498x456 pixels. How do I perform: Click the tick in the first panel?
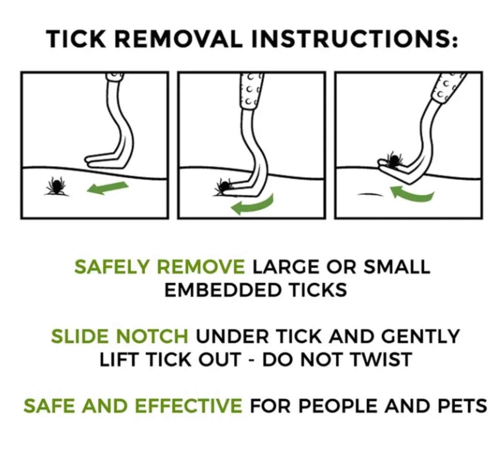[x=57, y=186]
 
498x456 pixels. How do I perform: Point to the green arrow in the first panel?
[x=107, y=188]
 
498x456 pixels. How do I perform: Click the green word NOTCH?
[x=152, y=336]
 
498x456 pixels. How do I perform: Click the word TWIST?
[x=380, y=359]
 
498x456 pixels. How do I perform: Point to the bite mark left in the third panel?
[x=370, y=194]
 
